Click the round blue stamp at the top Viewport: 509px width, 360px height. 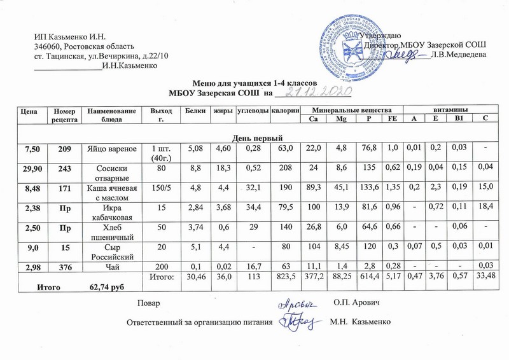click(x=353, y=42)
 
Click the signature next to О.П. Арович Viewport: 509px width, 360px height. click(x=295, y=300)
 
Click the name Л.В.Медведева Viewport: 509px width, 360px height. click(x=458, y=55)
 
